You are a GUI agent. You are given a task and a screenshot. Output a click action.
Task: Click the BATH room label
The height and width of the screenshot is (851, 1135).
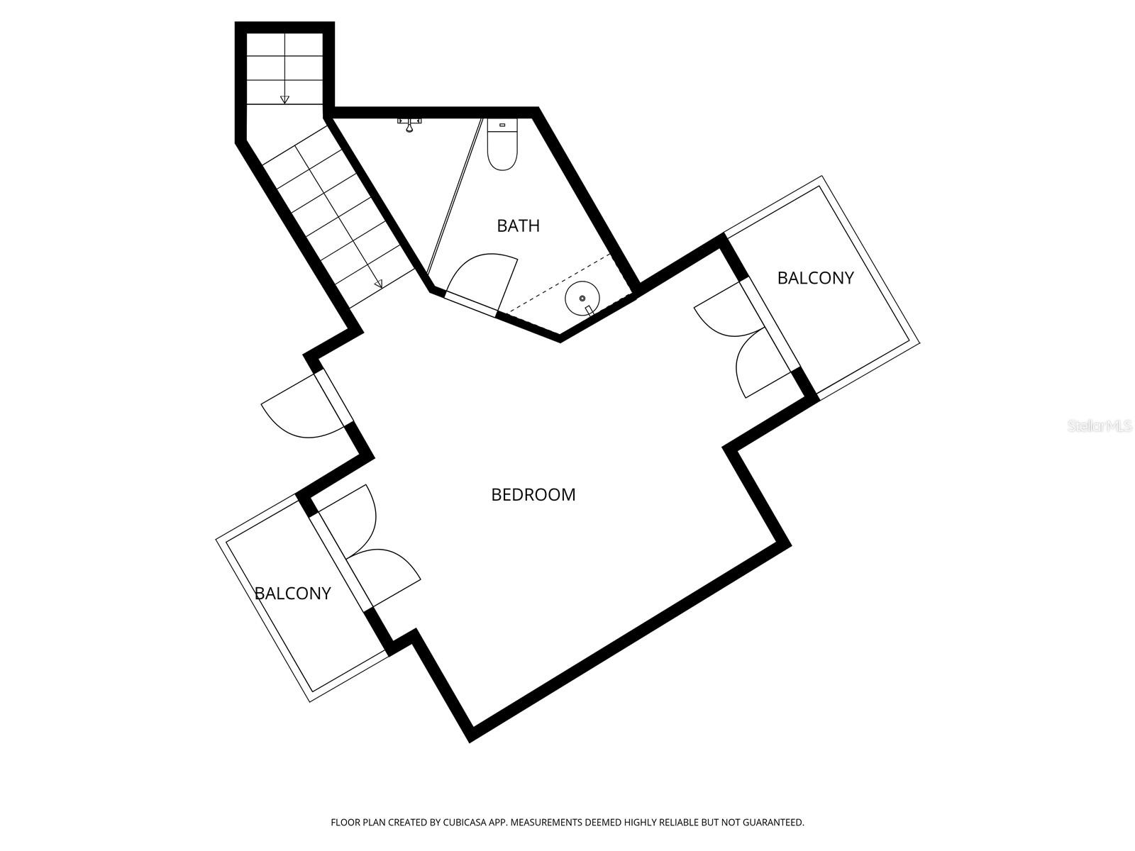point(518,226)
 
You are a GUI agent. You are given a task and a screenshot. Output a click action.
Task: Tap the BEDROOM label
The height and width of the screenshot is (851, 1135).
point(533,494)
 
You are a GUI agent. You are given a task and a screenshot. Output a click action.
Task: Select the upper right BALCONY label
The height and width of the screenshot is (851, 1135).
point(815,278)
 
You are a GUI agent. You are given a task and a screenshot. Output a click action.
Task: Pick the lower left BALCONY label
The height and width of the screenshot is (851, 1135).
point(293,593)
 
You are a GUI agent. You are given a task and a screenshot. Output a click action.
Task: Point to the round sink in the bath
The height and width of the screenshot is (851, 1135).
point(582,298)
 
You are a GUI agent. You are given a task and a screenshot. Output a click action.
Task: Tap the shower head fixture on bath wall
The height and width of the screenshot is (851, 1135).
point(409,124)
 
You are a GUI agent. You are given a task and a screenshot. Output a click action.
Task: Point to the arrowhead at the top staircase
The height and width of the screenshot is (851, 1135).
point(284,100)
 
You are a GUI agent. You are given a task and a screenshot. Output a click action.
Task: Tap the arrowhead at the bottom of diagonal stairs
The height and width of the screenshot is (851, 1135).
point(379,284)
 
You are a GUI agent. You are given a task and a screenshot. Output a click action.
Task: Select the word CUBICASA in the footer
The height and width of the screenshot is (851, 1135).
point(464,821)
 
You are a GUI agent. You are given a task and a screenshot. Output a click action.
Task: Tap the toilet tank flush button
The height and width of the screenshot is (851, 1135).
point(502,125)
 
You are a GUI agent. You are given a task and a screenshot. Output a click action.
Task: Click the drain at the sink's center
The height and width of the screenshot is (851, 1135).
point(582,298)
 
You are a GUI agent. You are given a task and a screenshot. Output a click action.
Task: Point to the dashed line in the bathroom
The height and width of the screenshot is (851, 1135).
point(558,284)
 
